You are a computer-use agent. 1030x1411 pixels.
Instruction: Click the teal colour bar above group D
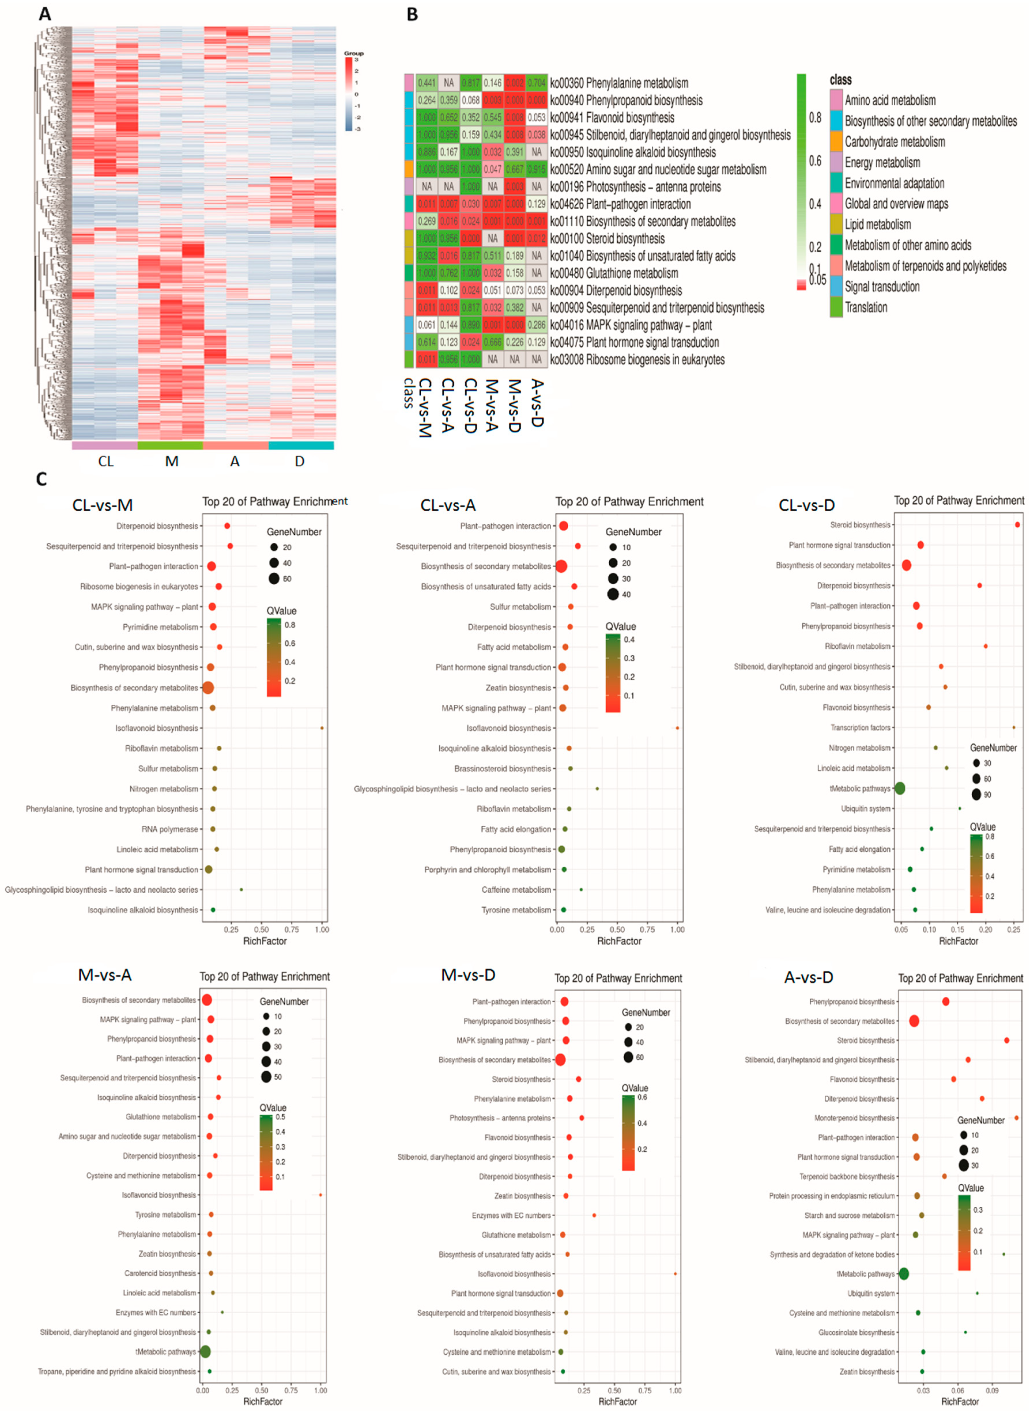coord(301,445)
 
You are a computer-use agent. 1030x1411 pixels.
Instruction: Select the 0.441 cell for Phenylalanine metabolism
coord(426,83)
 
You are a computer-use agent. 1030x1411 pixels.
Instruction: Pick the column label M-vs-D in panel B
coord(515,405)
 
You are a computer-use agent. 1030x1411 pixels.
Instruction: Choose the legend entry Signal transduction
coord(882,287)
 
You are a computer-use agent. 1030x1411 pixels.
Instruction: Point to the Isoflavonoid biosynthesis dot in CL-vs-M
coord(322,728)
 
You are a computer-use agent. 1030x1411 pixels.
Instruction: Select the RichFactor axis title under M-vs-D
coord(617,1401)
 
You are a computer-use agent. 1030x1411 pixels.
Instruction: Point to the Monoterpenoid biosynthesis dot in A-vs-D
coord(1016,1118)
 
